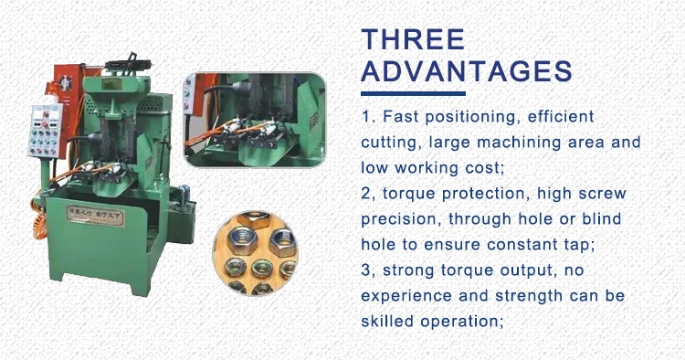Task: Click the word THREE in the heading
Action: [413, 39]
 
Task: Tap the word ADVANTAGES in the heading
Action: [467, 71]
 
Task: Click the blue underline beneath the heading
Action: [413, 93]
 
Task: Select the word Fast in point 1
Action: [401, 117]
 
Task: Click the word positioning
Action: [473, 118]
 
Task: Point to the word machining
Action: [519, 143]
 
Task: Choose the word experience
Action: [406, 297]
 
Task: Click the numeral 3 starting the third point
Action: [366, 270]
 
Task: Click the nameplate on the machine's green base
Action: [95, 217]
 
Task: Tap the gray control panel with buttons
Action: [45, 130]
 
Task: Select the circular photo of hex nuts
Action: [255, 252]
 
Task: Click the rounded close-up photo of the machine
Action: [255, 120]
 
